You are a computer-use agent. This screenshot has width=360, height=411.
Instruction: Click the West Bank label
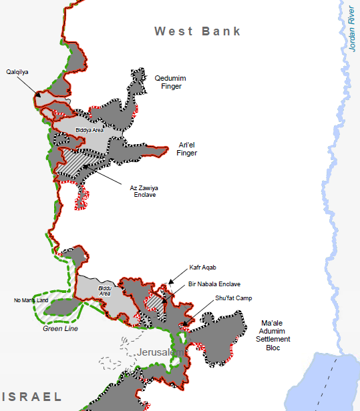[197, 31]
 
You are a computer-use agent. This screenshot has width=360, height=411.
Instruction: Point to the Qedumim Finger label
[169, 81]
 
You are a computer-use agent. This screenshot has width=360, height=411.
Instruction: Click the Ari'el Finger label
[187, 148]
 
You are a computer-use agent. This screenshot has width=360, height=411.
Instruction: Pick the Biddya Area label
[89, 130]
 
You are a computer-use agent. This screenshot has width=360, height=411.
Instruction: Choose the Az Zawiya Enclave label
[143, 191]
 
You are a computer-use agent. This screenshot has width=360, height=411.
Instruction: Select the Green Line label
[61, 328]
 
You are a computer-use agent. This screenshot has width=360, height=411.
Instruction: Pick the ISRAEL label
[31, 396]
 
